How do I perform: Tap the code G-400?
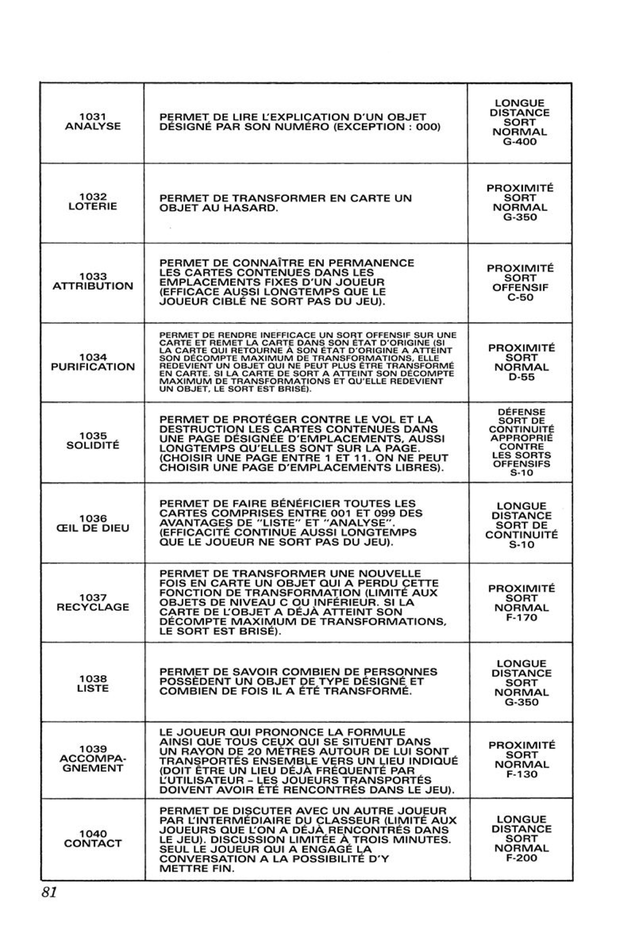tap(520, 142)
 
